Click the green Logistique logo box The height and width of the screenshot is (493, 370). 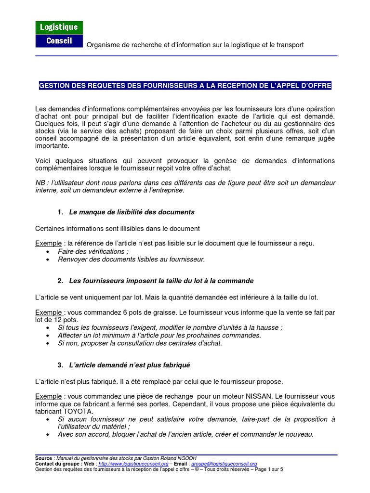point(59,27)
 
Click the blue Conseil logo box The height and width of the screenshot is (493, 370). point(59,40)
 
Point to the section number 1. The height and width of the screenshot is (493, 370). point(60,212)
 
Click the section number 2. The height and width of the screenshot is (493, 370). point(60,281)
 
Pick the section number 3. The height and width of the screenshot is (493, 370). point(60,365)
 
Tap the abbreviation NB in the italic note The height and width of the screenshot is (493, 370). point(40,183)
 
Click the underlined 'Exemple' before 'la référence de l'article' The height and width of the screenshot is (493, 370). point(49,243)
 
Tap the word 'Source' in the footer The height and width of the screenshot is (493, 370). point(44,458)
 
